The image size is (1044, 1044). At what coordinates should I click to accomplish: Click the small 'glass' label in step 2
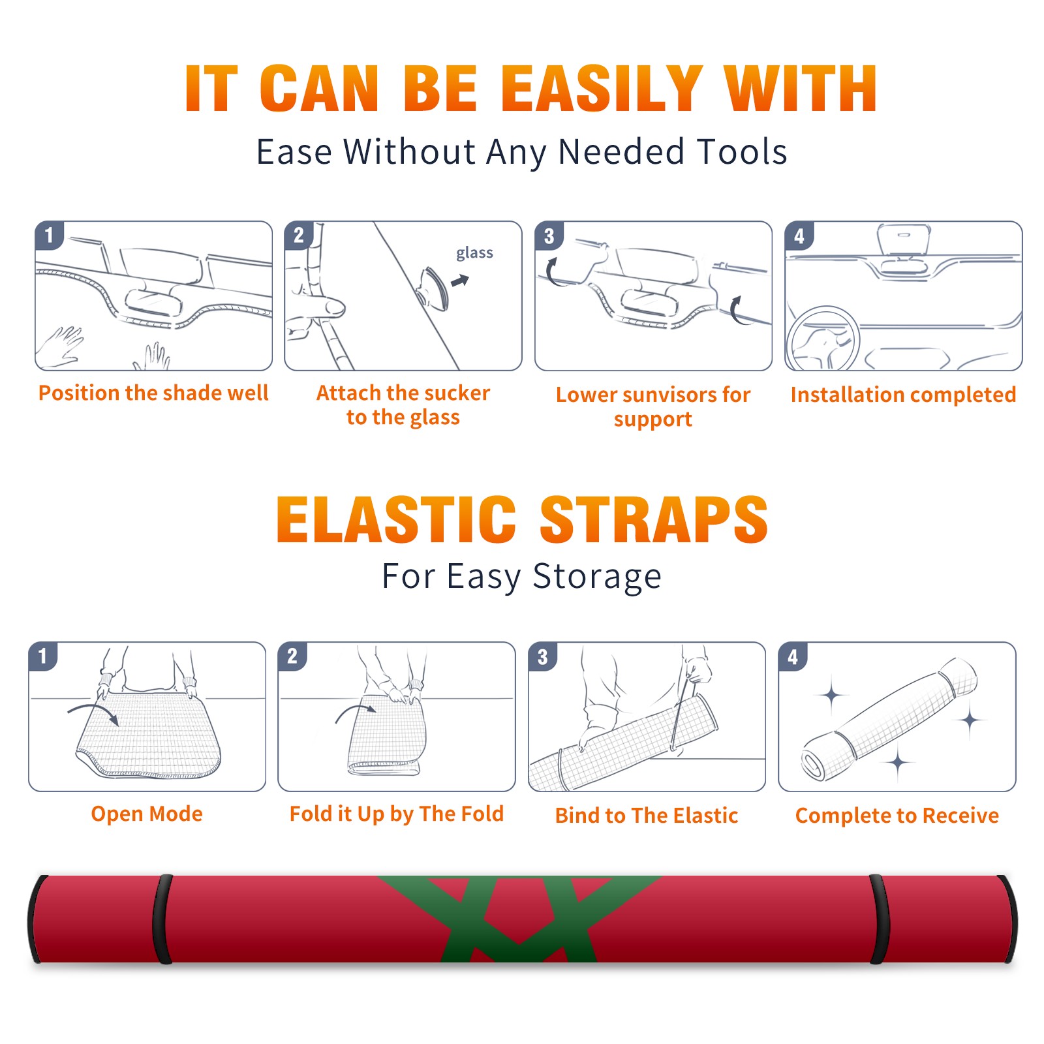(x=474, y=253)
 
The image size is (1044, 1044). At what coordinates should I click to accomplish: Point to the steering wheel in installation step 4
(x=823, y=339)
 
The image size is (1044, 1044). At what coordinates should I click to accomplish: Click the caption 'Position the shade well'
(x=153, y=393)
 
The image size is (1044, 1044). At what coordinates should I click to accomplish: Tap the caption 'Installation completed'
(x=903, y=395)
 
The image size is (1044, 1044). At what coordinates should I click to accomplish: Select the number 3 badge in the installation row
(x=548, y=236)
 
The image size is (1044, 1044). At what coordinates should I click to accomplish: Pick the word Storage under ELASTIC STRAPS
(x=597, y=577)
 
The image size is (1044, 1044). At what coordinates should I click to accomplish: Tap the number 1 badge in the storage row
(x=43, y=656)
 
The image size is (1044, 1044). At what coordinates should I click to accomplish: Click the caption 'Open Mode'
(x=147, y=814)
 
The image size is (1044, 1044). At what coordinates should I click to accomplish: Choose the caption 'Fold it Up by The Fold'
(x=397, y=814)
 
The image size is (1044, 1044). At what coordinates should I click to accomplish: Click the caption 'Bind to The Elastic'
(x=647, y=816)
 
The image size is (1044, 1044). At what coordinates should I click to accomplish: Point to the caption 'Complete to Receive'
(x=897, y=816)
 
